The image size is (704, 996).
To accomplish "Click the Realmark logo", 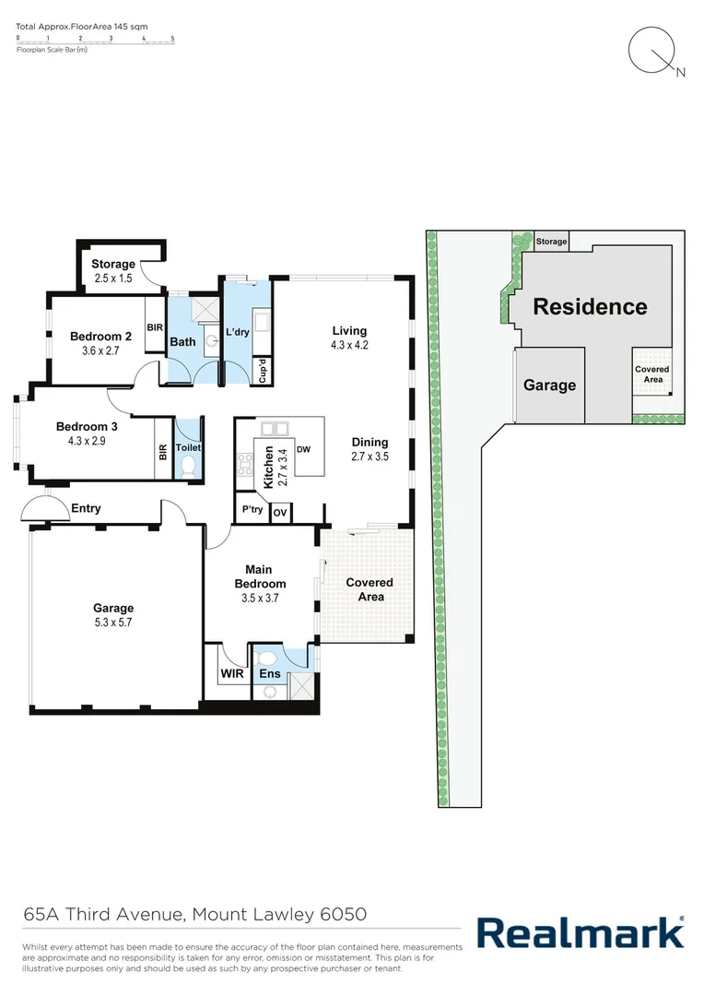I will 580,932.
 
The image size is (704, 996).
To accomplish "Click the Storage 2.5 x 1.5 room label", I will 113,271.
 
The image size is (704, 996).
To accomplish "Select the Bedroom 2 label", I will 101,337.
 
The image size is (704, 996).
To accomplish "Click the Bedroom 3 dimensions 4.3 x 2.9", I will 88,442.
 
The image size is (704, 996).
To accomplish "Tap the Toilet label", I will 188,448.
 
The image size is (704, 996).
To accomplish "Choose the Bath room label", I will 182,342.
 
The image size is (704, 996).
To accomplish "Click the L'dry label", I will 240,332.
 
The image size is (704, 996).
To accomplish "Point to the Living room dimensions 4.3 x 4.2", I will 349,345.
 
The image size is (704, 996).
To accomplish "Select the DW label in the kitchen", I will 303,449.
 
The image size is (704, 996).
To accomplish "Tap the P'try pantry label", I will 252,510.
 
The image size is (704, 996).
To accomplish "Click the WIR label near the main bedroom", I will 230,674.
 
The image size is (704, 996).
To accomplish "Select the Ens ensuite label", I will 269,674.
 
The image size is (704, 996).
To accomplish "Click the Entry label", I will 85,508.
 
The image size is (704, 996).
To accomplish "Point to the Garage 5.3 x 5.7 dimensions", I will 113,622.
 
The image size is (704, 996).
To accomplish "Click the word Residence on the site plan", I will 590,306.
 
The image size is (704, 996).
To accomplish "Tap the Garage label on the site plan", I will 549,385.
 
